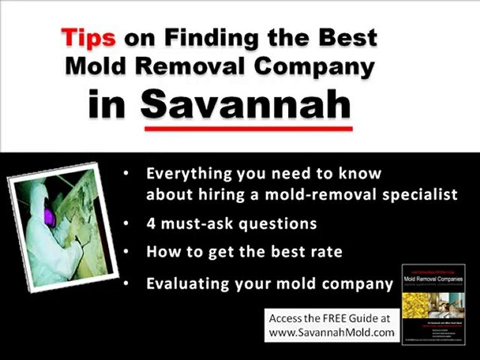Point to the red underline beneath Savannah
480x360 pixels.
pyautogui.click(x=248, y=128)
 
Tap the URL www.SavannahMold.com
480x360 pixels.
pyautogui.click(x=332, y=331)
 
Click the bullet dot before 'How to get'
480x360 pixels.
pyautogui.click(x=127, y=251)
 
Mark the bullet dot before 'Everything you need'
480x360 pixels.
pyautogui.click(x=127, y=174)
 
